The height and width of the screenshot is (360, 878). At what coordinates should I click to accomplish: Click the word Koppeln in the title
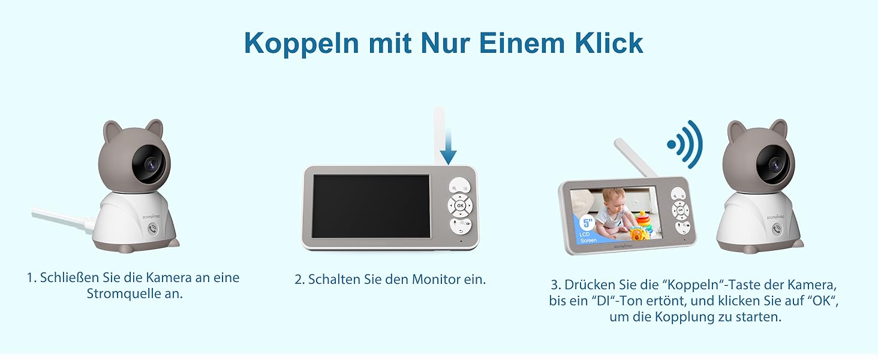(302, 43)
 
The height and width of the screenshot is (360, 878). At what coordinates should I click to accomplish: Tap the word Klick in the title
(609, 43)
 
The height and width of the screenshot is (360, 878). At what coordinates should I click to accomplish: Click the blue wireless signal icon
(685, 145)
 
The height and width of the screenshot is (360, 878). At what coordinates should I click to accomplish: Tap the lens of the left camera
(151, 164)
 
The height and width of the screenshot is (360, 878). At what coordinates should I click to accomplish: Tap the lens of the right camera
(775, 164)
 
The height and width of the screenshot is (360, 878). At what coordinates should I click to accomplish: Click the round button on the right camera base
(777, 229)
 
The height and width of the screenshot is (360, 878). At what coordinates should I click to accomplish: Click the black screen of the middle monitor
(371, 206)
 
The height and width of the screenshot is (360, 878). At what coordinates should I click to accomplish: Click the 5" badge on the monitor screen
(587, 223)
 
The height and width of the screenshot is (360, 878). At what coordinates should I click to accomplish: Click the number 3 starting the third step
(554, 285)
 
